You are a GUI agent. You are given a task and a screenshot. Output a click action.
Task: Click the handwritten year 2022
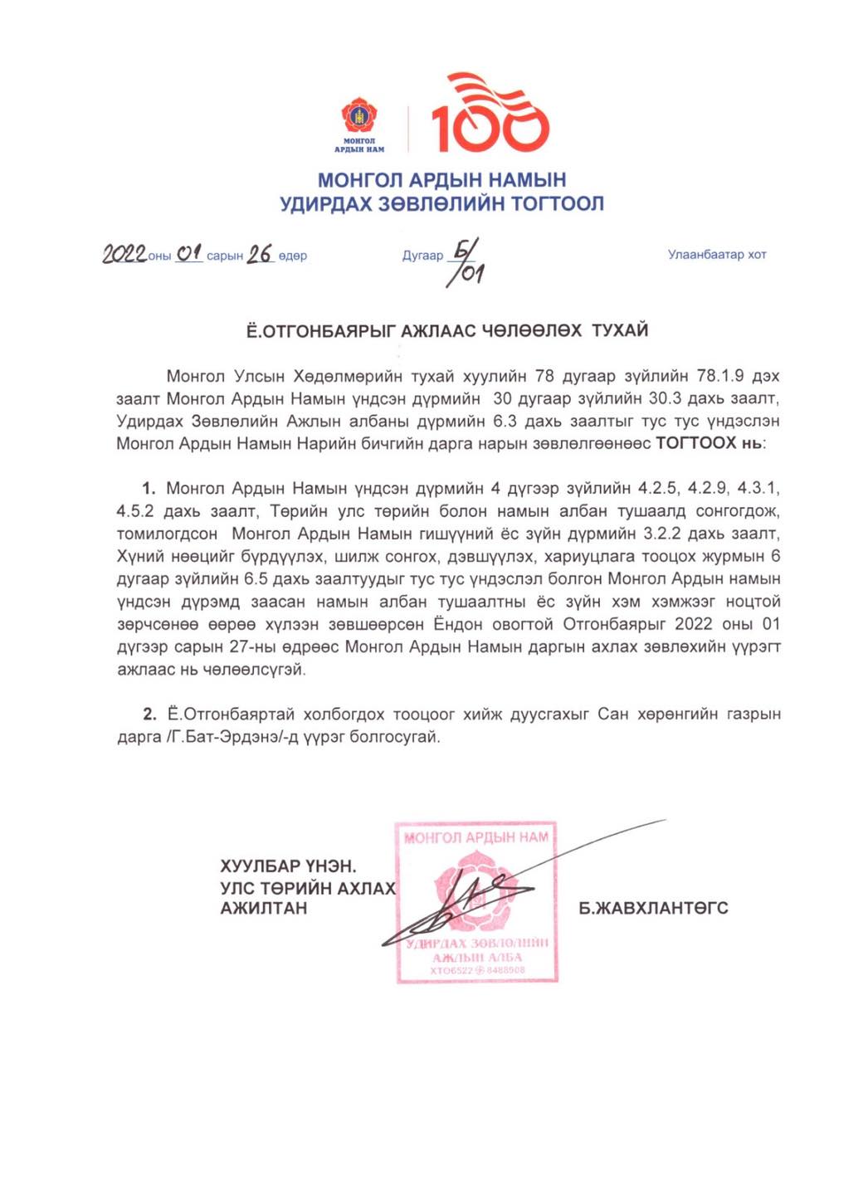(x=124, y=254)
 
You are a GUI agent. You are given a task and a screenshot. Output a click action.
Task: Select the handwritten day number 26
(x=260, y=254)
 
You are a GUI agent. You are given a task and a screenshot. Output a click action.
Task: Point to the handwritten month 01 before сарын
(x=189, y=252)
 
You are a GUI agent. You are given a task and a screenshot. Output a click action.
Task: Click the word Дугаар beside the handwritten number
(x=422, y=256)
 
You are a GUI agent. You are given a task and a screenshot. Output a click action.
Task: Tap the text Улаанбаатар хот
(x=717, y=255)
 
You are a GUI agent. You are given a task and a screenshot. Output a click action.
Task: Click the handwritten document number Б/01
(x=466, y=262)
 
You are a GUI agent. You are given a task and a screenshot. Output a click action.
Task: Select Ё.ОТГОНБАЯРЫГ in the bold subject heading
(x=321, y=331)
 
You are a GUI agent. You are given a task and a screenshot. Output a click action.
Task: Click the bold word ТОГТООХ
(x=695, y=443)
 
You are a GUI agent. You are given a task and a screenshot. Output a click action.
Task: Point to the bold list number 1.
(x=149, y=488)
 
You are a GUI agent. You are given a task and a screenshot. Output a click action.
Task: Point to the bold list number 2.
(x=149, y=714)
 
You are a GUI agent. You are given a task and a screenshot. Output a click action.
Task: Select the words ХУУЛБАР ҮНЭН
(x=288, y=866)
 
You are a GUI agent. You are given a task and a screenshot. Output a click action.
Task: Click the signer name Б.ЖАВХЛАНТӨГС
(x=653, y=909)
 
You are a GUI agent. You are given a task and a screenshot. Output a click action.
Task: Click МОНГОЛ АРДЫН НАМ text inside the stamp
(x=476, y=838)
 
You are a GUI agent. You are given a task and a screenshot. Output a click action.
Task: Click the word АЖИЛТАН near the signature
(x=264, y=909)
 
